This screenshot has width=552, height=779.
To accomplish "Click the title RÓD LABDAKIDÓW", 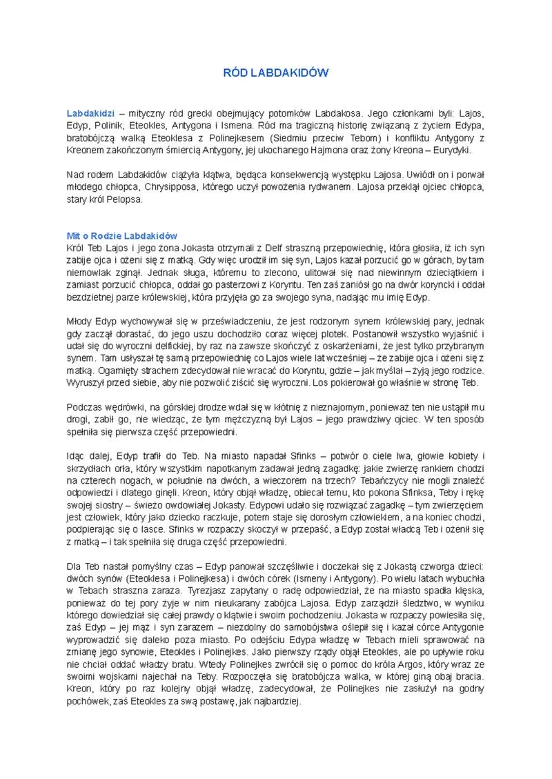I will pyautogui.click(x=276, y=72).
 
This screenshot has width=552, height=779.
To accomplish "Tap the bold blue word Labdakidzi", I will pyautogui.click(x=90, y=112).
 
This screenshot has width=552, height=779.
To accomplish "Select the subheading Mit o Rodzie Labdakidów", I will pyautogui.click(x=122, y=236).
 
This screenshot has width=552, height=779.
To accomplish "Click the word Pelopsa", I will pyautogui.click(x=125, y=200).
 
